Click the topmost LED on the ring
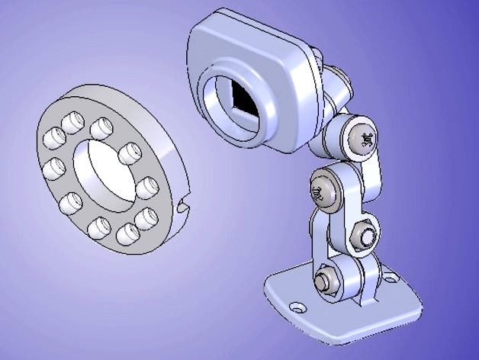tap(75, 119)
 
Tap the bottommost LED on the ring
tap(98, 227)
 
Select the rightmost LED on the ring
tap(147, 186)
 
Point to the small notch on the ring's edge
tap(182, 204)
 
